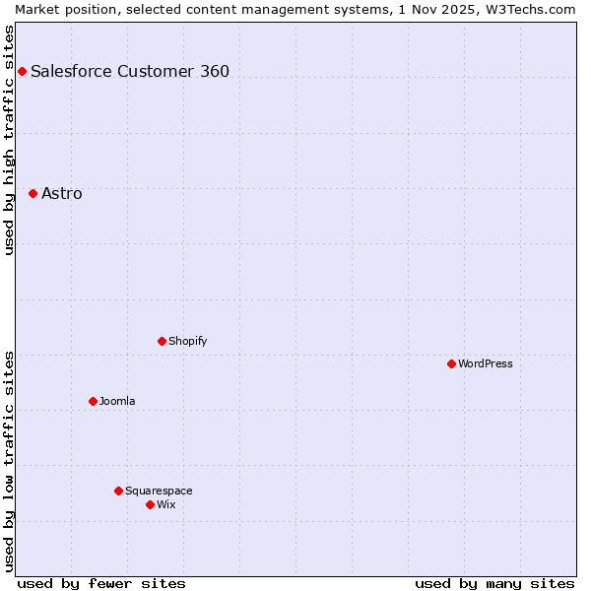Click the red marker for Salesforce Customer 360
point(22,71)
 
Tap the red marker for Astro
point(33,193)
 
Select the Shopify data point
point(162,341)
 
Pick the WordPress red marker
point(451,363)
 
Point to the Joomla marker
point(93,401)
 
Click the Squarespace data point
point(118,491)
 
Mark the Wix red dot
point(150,504)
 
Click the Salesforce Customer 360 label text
point(129,71)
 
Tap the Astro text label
point(61,193)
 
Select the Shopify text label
point(187,341)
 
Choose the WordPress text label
point(485,363)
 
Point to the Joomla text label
point(117,401)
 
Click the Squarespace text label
point(159,491)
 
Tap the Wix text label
point(165,504)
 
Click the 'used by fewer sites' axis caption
point(101,583)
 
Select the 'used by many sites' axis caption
point(494,583)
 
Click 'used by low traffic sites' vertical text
point(9,461)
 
